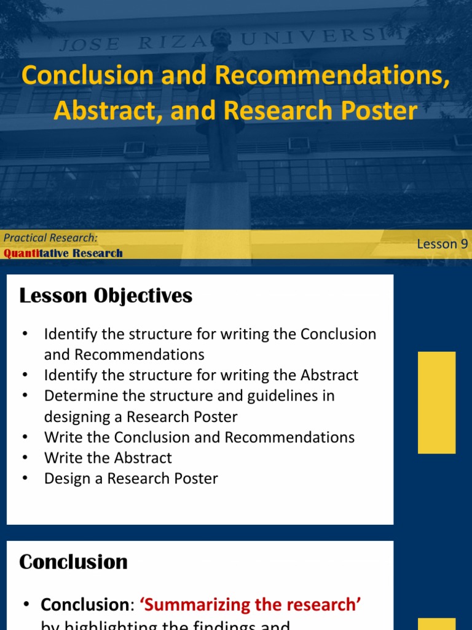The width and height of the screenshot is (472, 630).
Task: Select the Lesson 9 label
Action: [442, 244]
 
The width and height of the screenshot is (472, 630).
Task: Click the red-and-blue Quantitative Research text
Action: [63, 253]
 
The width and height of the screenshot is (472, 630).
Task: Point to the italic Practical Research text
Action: [50, 237]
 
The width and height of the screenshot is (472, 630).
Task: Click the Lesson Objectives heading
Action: [106, 296]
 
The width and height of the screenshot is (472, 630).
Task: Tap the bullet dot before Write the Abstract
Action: [25, 458]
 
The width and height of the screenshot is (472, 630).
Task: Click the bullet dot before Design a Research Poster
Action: [25, 479]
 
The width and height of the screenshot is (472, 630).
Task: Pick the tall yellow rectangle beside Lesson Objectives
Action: [436, 402]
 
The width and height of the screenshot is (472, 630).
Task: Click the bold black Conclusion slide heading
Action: [73, 562]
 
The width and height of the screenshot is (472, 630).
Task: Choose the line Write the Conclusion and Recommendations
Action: [199, 437]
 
